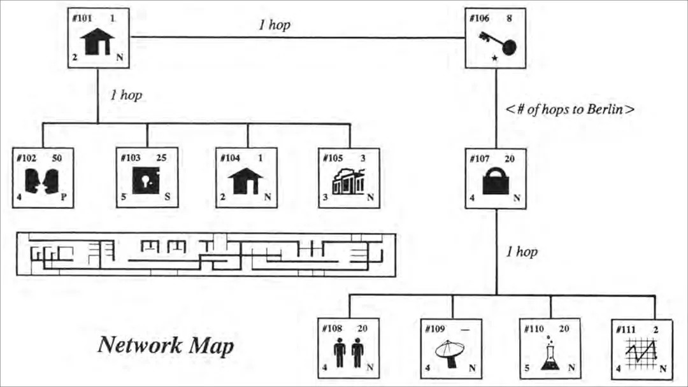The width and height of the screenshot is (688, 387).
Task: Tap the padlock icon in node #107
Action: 496,182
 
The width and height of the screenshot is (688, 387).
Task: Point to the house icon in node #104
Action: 245,181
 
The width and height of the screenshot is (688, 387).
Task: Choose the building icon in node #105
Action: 348,181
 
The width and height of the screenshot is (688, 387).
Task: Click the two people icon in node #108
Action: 348,351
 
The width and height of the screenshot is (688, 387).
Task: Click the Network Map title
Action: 166,346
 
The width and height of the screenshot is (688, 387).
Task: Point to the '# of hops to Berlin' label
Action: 570,109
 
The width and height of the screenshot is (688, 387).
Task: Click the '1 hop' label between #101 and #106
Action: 275,25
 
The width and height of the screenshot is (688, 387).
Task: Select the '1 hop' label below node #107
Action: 522,252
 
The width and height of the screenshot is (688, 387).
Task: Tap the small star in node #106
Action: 495,59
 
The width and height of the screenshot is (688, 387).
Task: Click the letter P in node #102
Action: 64,198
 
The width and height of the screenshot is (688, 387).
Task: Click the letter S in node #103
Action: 167,198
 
